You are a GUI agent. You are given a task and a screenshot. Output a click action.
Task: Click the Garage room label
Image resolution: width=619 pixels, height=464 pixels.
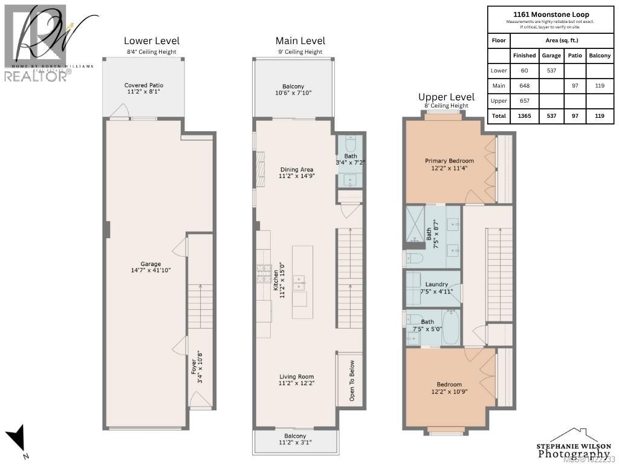[151, 267]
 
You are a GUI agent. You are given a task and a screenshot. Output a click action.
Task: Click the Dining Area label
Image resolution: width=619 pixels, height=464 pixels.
[297, 173]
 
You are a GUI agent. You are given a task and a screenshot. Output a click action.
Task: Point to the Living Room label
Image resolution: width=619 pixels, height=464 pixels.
[297, 379]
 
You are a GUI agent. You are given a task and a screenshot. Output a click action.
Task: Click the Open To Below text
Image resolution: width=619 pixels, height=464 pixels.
[352, 381]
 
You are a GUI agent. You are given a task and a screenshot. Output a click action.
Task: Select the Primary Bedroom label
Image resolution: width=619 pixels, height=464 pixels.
[449, 164]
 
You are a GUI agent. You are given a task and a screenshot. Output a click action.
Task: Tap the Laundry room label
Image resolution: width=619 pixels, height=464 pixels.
[436, 288]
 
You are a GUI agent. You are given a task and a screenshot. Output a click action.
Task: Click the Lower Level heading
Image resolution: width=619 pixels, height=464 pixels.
[152, 41]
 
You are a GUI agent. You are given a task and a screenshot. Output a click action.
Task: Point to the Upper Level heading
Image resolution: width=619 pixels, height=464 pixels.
[446, 97]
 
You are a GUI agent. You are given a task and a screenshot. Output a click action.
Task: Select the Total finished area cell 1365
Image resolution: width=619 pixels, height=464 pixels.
[524, 115]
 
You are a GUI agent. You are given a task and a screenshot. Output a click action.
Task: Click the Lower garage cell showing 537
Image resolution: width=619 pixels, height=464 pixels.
[551, 70]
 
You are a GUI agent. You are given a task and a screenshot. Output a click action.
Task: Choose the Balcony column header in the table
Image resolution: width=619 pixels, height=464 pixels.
[599, 55]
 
